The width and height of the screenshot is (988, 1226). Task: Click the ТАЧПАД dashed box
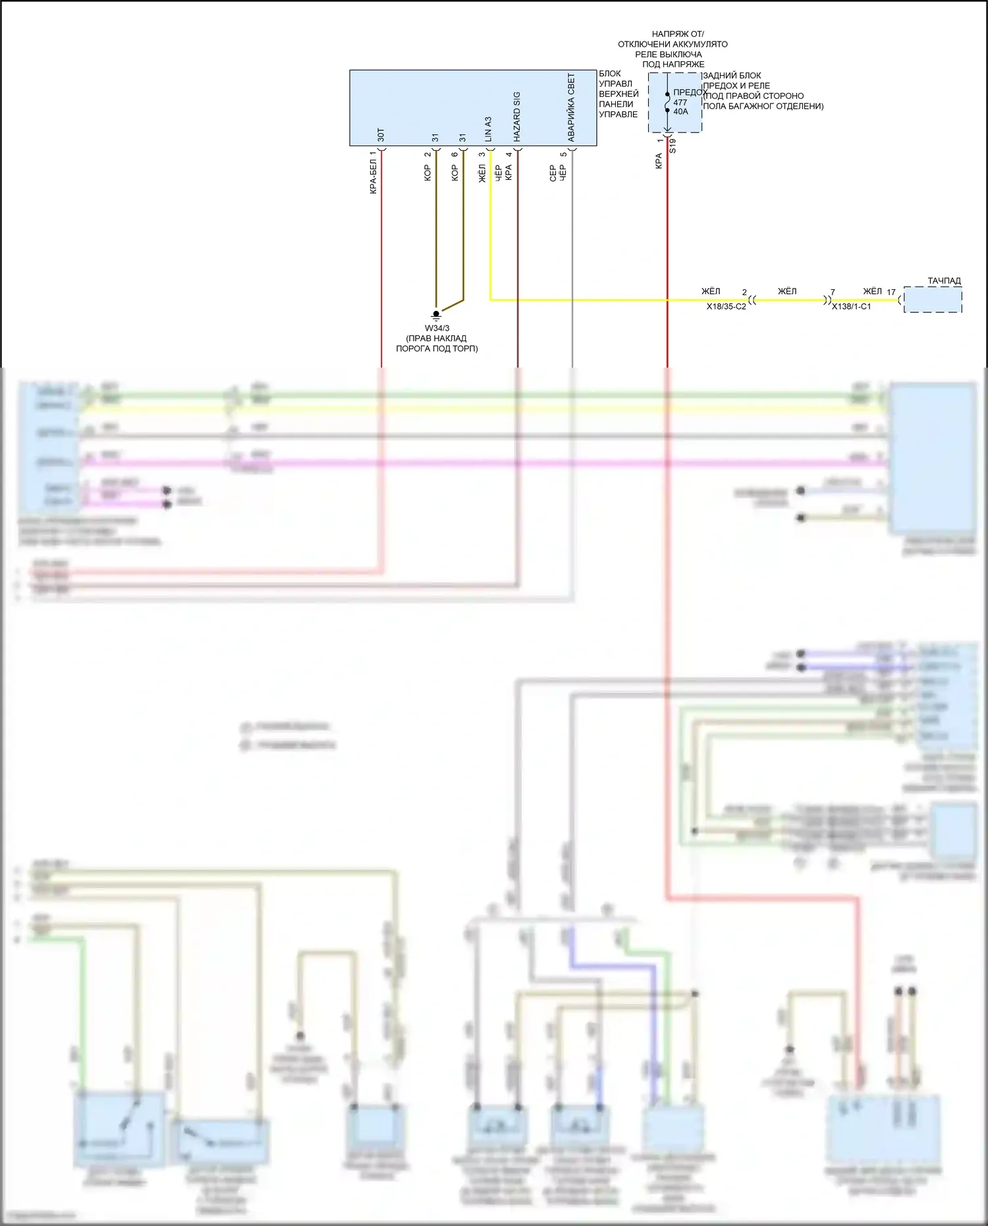coord(933,300)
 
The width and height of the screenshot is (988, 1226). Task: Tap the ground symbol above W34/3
coord(436,316)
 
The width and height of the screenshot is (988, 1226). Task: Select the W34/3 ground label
coord(437,328)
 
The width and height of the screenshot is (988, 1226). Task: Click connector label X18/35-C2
coord(726,307)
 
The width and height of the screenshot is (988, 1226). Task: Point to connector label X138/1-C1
coord(851,307)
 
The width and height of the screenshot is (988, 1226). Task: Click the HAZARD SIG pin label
coord(517,117)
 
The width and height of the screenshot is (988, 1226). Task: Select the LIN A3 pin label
coord(489,129)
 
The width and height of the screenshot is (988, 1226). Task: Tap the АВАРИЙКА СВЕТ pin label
coord(572,107)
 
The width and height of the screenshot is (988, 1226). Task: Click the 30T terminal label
coord(381,135)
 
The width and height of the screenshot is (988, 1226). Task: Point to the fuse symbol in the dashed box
coord(667,103)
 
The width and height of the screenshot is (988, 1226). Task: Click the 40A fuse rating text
coord(680,112)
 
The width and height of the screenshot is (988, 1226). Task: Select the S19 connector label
coord(672,146)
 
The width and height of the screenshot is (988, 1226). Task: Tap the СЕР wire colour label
coord(553,173)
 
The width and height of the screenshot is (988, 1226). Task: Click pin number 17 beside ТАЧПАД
coord(891,293)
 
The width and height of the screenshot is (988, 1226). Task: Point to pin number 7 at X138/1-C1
coord(833,293)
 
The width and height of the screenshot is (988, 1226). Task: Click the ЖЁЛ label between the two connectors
coord(787,291)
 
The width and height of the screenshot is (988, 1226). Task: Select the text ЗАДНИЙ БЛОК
coord(732,76)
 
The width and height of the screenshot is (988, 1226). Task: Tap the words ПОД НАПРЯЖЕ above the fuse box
coord(673,65)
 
